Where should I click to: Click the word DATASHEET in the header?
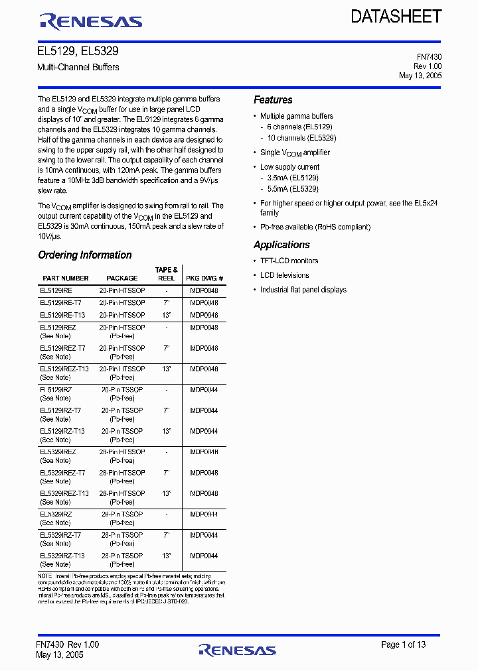coord(396,17)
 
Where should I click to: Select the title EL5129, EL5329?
coord(78,51)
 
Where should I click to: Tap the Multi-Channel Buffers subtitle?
coord(78,67)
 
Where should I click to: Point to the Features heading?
coord(273,100)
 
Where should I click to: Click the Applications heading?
coord(281,245)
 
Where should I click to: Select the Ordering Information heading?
coord(84,255)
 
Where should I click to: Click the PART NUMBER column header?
coord(65,278)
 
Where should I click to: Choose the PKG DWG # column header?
coord(204,278)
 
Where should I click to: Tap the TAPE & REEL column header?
coord(166,274)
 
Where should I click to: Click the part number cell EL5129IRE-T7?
coord(60,303)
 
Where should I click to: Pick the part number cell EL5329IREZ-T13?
coord(64,494)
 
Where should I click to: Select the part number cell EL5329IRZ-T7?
coord(60,535)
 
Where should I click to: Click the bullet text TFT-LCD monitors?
coord(289,261)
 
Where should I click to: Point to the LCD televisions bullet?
coord(284,275)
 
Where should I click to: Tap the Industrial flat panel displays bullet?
coord(303,290)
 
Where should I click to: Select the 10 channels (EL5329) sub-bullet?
coord(301,138)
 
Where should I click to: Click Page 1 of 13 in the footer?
coord(403,644)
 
